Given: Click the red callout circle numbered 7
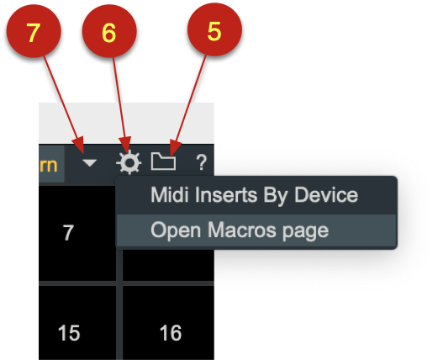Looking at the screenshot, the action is tap(34, 31).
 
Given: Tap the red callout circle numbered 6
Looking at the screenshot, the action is tap(109, 31).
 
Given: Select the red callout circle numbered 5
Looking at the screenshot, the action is tap(214, 29).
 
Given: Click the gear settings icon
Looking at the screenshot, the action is tap(129, 162).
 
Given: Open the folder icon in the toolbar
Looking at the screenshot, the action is tap(163, 161).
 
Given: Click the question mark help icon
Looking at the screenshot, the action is tap(201, 162).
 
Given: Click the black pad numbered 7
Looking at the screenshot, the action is tap(77, 233).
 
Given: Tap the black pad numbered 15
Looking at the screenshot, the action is tap(77, 323).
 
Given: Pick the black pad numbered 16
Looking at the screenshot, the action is tap(168, 323).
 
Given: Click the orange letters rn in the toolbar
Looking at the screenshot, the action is tap(48, 166).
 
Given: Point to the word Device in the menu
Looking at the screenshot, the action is tap(326, 195).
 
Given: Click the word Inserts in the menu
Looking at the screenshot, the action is tap(226, 195).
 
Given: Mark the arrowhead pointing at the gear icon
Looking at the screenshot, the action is tap(125, 145).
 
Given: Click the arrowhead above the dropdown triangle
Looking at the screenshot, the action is tap(78, 145).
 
